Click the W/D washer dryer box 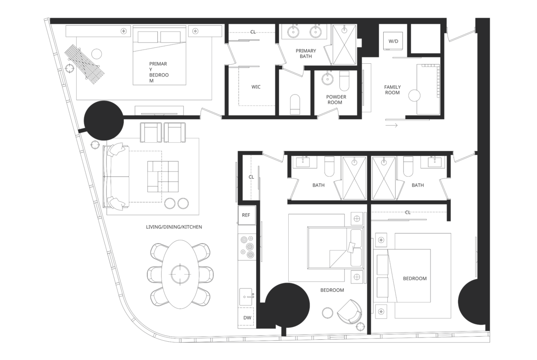pos(393,41)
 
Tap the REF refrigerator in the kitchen pos(246,215)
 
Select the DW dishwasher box pos(246,317)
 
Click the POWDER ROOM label pos(336,100)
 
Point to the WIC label pos(256,87)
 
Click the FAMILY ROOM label pos(392,90)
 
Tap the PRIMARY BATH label pos(306,53)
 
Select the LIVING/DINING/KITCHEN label pos(174,227)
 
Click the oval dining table pos(178,274)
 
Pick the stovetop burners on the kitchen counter pos(247,247)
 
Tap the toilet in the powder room pos(344,81)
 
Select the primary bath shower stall pos(345,44)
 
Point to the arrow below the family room pos(392,125)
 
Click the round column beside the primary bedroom pos(104,121)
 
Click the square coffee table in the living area pos(163,176)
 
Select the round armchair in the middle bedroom pos(350,312)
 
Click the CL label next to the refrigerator pos(252,177)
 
